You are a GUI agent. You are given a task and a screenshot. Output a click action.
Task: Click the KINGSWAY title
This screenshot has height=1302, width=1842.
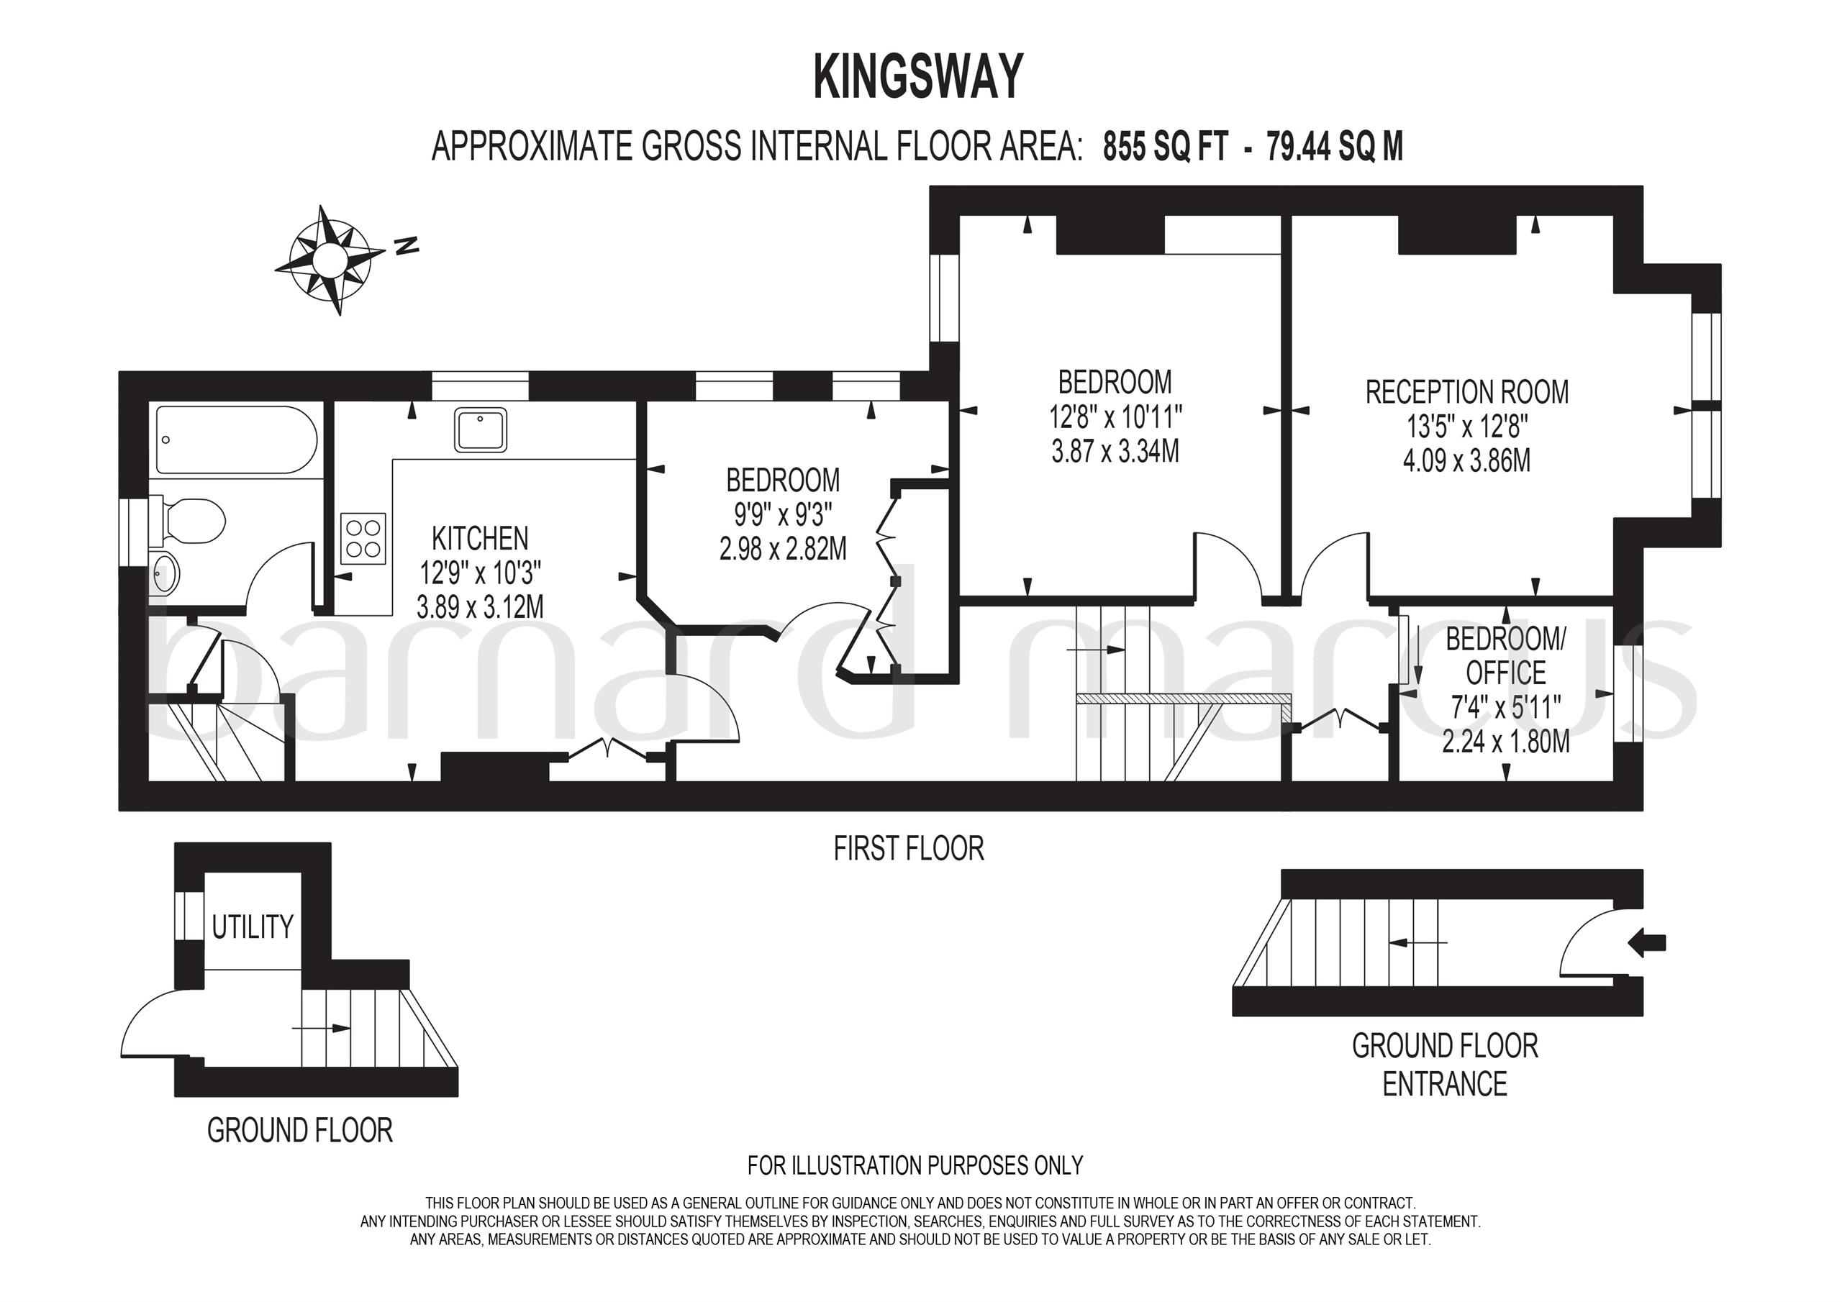(x=919, y=78)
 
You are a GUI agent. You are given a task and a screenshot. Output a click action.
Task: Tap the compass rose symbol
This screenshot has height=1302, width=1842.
(x=329, y=260)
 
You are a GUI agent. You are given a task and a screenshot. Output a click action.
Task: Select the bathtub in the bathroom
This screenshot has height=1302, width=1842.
(x=237, y=440)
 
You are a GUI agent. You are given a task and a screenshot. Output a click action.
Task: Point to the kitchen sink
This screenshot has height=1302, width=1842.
(x=481, y=430)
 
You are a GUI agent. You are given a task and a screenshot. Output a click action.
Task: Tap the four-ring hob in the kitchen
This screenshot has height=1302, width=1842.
(x=363, y=538)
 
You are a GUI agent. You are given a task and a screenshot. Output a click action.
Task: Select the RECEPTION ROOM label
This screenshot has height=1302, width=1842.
(x=1466, y=392)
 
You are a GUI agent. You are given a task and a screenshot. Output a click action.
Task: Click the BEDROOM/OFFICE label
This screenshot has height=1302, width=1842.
(x=1505, y=656)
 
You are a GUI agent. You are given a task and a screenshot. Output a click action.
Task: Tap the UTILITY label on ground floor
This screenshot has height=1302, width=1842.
(x=253, y=927)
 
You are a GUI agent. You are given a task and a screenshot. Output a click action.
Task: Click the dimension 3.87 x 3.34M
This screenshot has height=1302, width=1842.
(x=1115, y=452)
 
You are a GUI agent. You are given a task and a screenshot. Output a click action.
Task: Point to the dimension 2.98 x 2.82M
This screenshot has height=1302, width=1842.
(x=783, y=549)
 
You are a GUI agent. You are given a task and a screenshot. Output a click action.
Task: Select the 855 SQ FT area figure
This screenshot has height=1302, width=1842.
(x=1166, y=147)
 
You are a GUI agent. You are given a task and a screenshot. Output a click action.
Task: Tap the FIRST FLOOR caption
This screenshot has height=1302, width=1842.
(x=908, y=849)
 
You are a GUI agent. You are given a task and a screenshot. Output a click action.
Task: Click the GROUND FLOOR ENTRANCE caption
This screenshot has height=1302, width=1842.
(x=1445, y=1065)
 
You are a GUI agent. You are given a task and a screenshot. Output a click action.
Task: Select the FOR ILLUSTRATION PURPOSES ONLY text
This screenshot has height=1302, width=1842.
(x=915, y=1165)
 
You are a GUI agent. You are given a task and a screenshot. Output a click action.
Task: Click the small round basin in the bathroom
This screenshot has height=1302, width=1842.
(x=166, y=575)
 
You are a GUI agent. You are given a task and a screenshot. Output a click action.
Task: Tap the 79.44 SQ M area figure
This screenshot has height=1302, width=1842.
(x=1335, y=147)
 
